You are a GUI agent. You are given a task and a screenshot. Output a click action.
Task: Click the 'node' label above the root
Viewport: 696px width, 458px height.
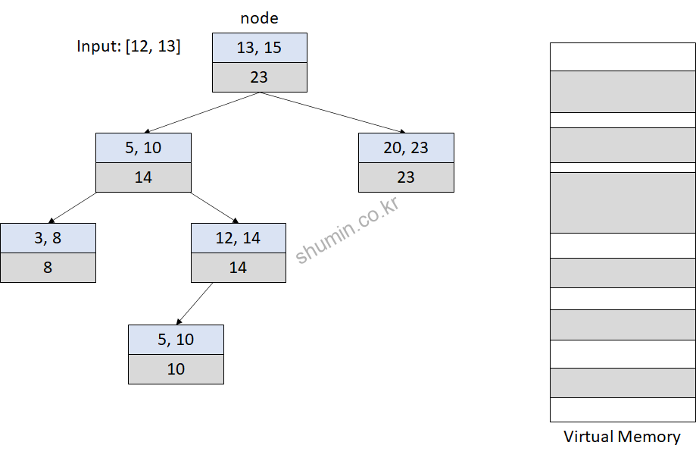(x=259, y=17)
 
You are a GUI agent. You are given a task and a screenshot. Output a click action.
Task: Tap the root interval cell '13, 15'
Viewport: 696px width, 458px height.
(x=259, y=48)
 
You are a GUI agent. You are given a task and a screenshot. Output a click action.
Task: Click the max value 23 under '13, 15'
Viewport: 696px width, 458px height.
(x=259, y=77)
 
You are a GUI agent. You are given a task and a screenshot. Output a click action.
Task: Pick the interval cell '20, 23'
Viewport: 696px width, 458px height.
(x=406, y=148)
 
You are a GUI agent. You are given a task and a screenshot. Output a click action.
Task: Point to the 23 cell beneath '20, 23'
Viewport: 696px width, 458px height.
(x=406, y=177)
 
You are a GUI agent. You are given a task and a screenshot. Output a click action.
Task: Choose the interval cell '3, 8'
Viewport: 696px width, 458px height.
(x=48, y=238)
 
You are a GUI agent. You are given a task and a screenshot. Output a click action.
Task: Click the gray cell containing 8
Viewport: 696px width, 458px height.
(x=48, y=268)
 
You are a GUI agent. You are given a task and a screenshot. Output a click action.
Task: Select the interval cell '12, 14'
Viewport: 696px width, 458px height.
(x=238, y=238)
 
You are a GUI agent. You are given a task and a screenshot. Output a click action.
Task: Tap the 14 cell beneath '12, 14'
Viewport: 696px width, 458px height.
(x=238, y=268)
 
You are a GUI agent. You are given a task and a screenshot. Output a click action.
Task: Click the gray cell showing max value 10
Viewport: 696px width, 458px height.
(x=176, y=369)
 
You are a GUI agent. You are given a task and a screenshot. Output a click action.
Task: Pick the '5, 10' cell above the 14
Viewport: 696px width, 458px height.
(x=143, y=148)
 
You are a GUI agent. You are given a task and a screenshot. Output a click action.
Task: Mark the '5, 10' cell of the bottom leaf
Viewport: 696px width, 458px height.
(x=176, y=340)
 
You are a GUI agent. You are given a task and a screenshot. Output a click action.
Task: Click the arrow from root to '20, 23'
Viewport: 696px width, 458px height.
(x=333, y=112)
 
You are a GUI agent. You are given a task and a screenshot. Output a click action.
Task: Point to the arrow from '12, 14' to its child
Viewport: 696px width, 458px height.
(x=195, y=303)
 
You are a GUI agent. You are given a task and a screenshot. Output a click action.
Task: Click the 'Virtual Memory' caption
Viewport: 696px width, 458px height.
(x=622, y=437)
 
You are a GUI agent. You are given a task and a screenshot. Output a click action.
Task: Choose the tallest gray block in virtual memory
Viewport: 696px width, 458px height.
(x=623, y=202)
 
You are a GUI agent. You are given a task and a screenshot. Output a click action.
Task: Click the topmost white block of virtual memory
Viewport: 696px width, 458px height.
(x=623, y=57)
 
